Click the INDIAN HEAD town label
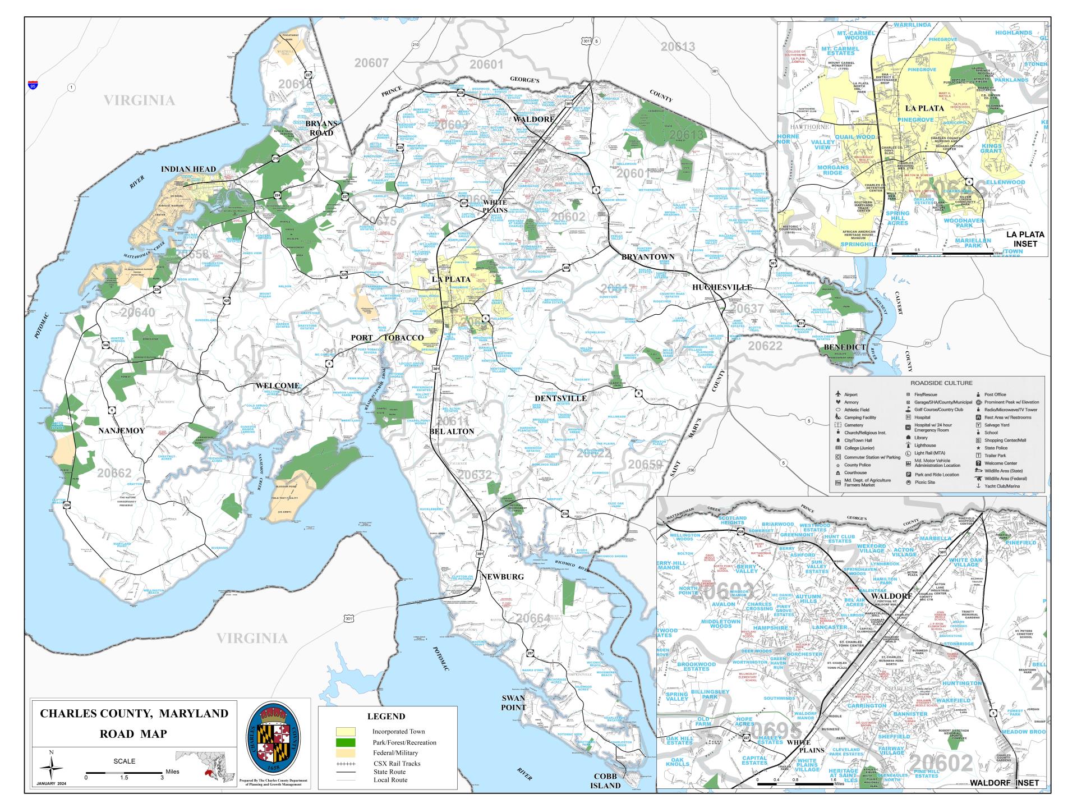point(188,169)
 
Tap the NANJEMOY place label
point(121,431)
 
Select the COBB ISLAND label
point(605,781)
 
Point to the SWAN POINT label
point(513,703)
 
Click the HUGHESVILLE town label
point(721,287)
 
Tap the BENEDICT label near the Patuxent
point(845,347)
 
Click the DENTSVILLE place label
point(560,398)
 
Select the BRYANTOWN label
point(647,256)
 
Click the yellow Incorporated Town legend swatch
point(346,732)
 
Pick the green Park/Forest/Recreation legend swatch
point(346,742)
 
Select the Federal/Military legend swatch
point(346,753)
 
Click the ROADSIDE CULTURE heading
point(937,383)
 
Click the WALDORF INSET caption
point(1004,783)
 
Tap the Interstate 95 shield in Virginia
point(33,85)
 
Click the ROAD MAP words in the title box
point(134,733)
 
